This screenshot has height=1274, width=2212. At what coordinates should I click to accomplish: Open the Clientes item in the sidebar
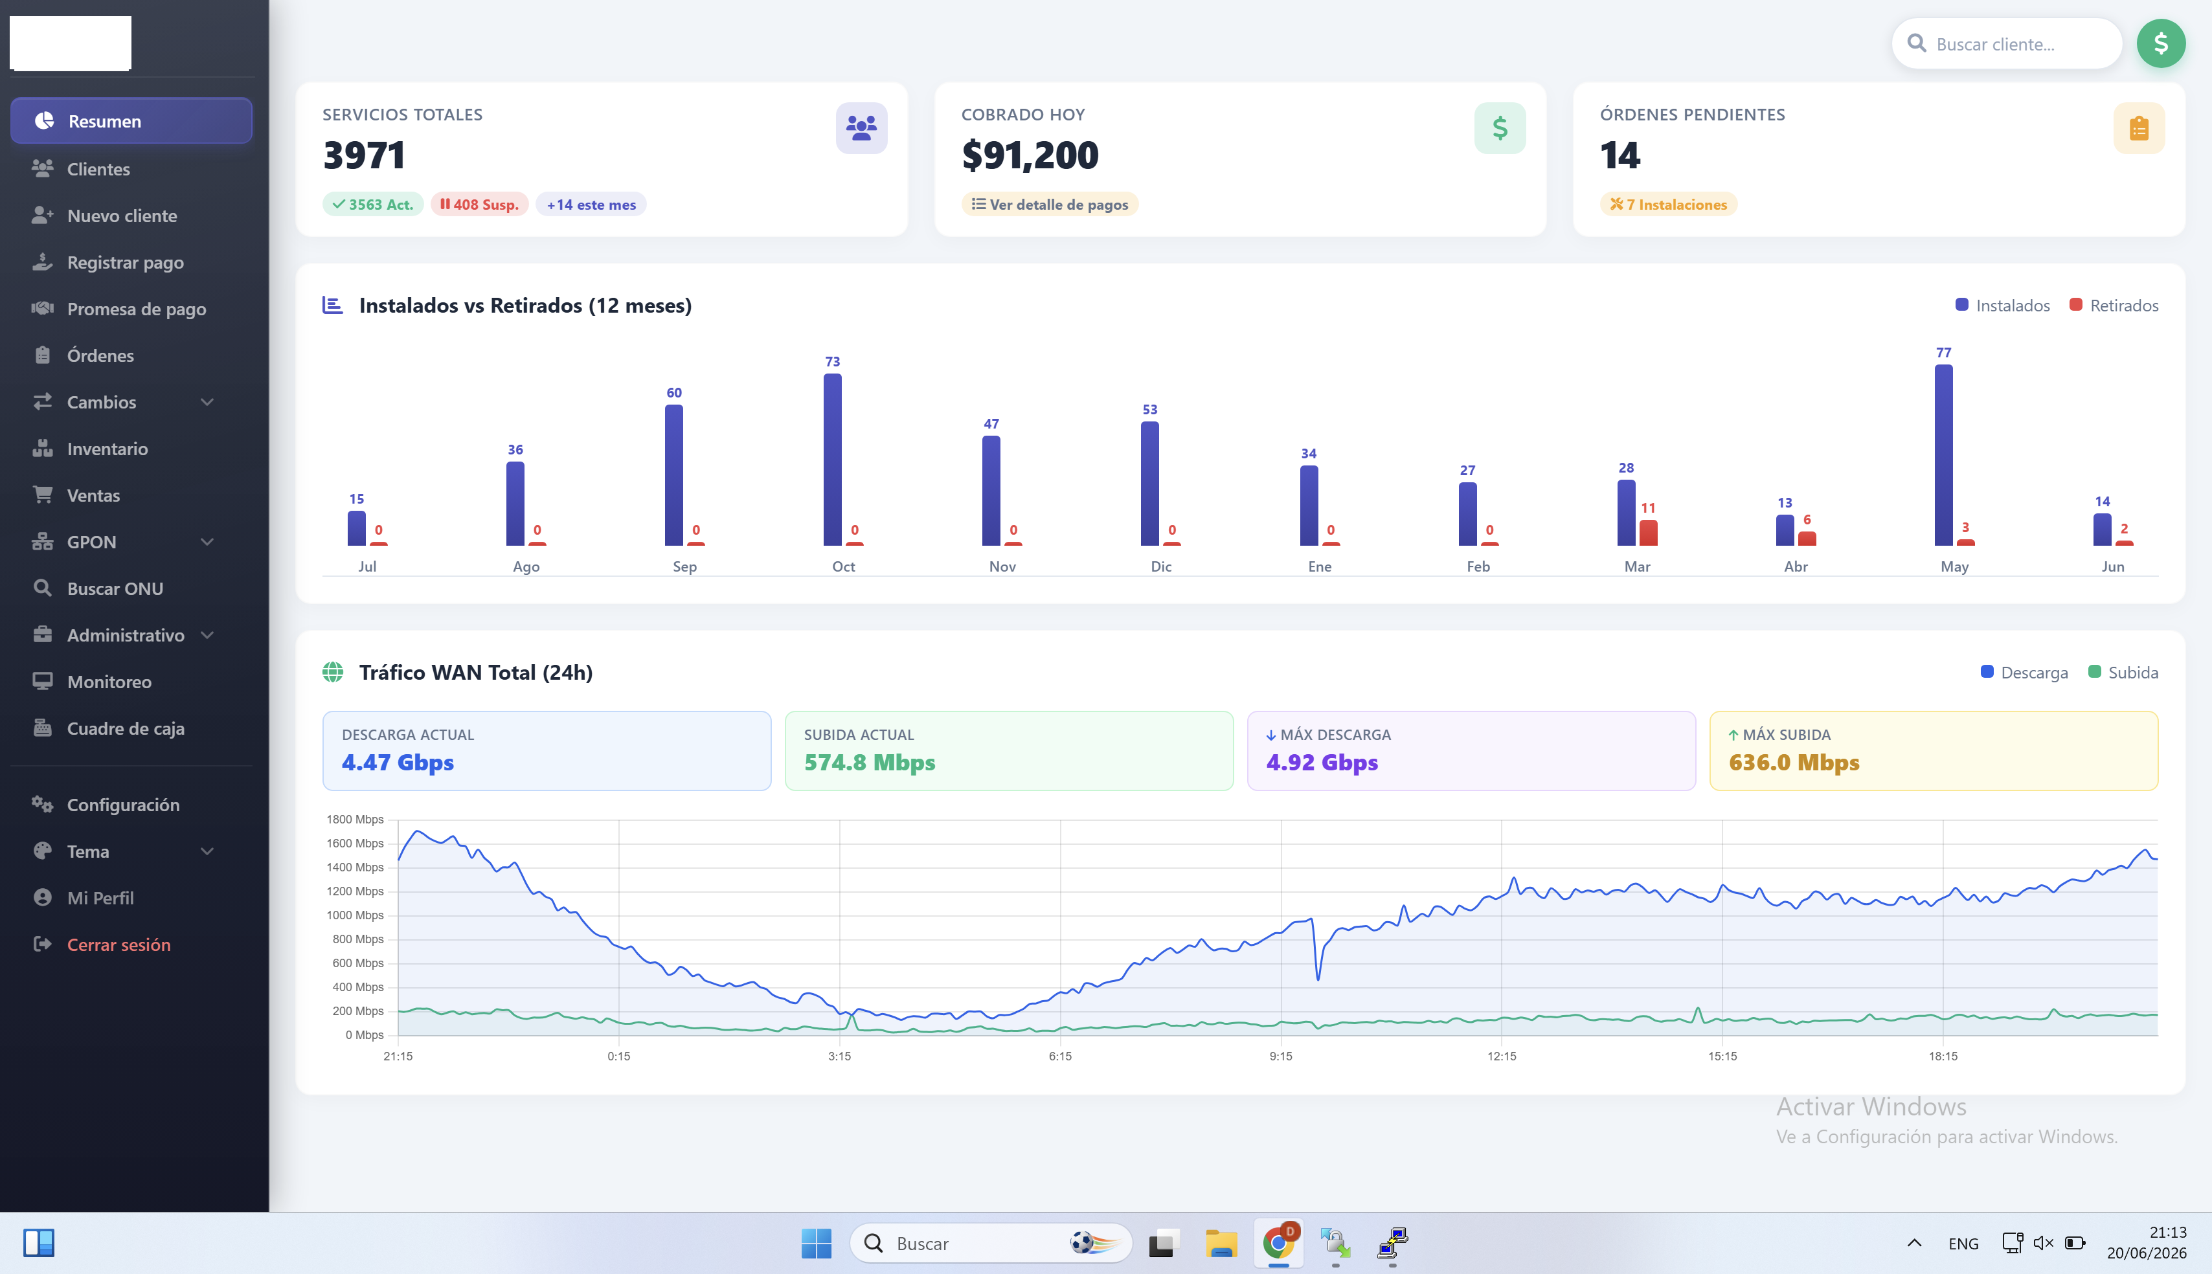[x=98, y=169]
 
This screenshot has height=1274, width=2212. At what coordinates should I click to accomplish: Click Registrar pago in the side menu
[x=125, y=262]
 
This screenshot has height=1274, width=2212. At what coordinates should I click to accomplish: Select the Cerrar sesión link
[x=118, y=945]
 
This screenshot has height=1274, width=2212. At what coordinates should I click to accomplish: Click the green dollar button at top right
[x=2160, y=44]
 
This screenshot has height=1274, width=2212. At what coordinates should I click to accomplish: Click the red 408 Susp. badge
[x=479, y=204]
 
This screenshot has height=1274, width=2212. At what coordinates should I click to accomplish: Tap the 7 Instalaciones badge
[x=1669, y=204]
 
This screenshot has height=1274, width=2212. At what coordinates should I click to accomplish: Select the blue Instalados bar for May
[x=1943, y=455]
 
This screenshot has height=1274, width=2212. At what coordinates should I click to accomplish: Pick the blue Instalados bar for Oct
[x=832, y=460]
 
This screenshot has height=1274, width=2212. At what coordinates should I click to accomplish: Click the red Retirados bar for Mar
[x=1649, y=533]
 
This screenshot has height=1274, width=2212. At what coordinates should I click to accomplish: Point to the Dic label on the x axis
[x=1161, y=566]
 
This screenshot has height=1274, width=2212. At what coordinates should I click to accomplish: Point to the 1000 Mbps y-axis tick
[x=356, y=915]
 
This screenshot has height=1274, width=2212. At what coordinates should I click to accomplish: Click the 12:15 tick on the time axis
[x=1502, y=1056]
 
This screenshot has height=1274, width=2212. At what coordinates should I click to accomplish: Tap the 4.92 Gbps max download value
[x=1322, y=762]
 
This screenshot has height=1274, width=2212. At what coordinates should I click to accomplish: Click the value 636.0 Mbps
[x=1794, y=762]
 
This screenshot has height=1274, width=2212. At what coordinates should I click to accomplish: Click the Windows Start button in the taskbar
[x=817, y=1244]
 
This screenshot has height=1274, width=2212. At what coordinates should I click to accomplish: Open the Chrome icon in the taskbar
[x=1278, y=1242]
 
